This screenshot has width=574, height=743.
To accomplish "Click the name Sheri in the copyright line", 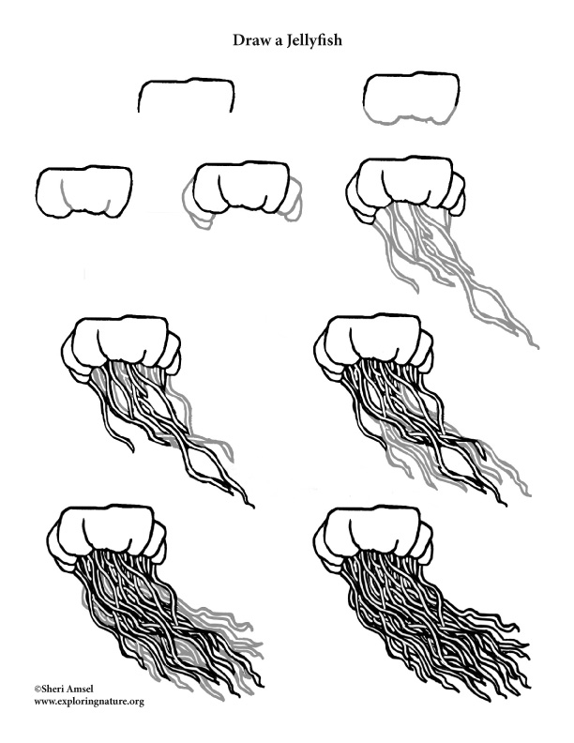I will [x=57, y=689].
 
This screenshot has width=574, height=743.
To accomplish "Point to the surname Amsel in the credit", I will [x=92, y=689].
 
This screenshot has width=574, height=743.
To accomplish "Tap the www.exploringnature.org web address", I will [x=89, y=701].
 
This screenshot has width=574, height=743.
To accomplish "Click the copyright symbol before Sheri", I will [x=38, y=689].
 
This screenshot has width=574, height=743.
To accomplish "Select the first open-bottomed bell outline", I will [x=186, y=95].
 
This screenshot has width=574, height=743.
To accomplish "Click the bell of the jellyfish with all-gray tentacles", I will [x=406, y=184].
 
